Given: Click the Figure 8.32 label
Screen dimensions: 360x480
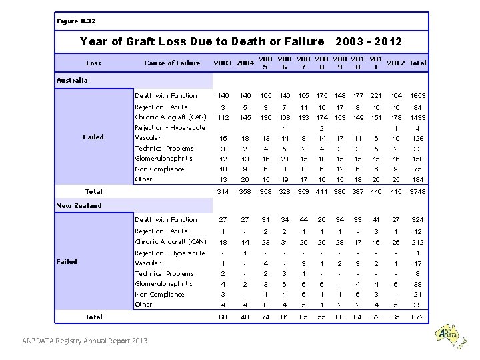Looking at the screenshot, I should [75, 21].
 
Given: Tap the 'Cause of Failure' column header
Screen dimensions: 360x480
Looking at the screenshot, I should [172, 63].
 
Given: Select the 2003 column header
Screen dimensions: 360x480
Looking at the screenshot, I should [222, 63].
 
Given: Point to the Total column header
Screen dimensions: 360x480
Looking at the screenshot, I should [418, 63].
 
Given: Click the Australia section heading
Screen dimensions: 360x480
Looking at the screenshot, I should [72, 81].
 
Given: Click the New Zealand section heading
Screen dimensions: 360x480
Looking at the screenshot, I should [79, 205].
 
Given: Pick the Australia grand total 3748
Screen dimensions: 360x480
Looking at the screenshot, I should [417, 192].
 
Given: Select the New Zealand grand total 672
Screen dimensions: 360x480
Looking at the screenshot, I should [417, 317].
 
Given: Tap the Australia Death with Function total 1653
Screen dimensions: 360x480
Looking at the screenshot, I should [417, 96].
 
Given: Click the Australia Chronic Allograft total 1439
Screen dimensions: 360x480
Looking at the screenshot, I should [417, 117].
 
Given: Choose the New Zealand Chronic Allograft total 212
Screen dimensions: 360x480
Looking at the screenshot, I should [417, 242].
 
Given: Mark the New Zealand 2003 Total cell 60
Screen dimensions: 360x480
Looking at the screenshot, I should [223, 317].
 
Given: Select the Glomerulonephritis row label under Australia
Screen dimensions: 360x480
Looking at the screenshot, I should [163, 159].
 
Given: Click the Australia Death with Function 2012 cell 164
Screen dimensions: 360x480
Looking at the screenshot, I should [397, 96].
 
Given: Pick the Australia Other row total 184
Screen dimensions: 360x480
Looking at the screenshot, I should [417, 179].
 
